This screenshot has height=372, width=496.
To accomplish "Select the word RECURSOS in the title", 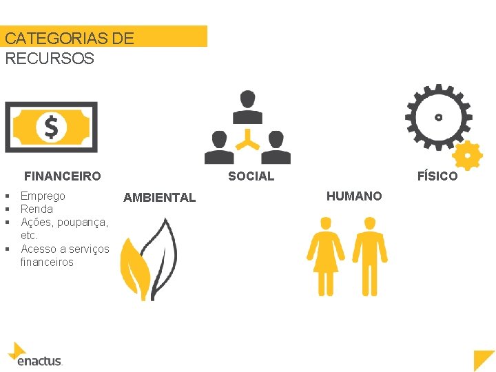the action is pyautogui.click(x=50, y=58).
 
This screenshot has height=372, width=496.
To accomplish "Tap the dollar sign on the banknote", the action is pyautogui.click(x=51, y=127).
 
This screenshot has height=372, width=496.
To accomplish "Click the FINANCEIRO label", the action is pyautogui.click(x=63, y=176).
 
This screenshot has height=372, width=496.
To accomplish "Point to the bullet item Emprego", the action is pyautogui.click(x=43, y=196).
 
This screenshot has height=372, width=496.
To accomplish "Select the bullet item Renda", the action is pyautogui.click(x=37, y=209).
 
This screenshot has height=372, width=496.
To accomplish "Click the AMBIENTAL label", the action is pyautogui.click(x=159, y=198).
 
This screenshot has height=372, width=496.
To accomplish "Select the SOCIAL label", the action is pyautogui.click(x=251, y=176).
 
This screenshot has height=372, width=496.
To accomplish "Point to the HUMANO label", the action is pyautogui.click(x=354, y=196).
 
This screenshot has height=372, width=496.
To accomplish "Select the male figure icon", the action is pyautogui.click(x=369, y=255).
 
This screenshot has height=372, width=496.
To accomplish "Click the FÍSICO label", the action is pyautogui.click(x=437, y=176).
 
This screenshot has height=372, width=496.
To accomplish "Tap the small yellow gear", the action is pyautogui.click(x=468, y=156).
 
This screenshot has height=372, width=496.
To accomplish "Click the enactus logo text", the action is pyautogui.click(x=39, y=360).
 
